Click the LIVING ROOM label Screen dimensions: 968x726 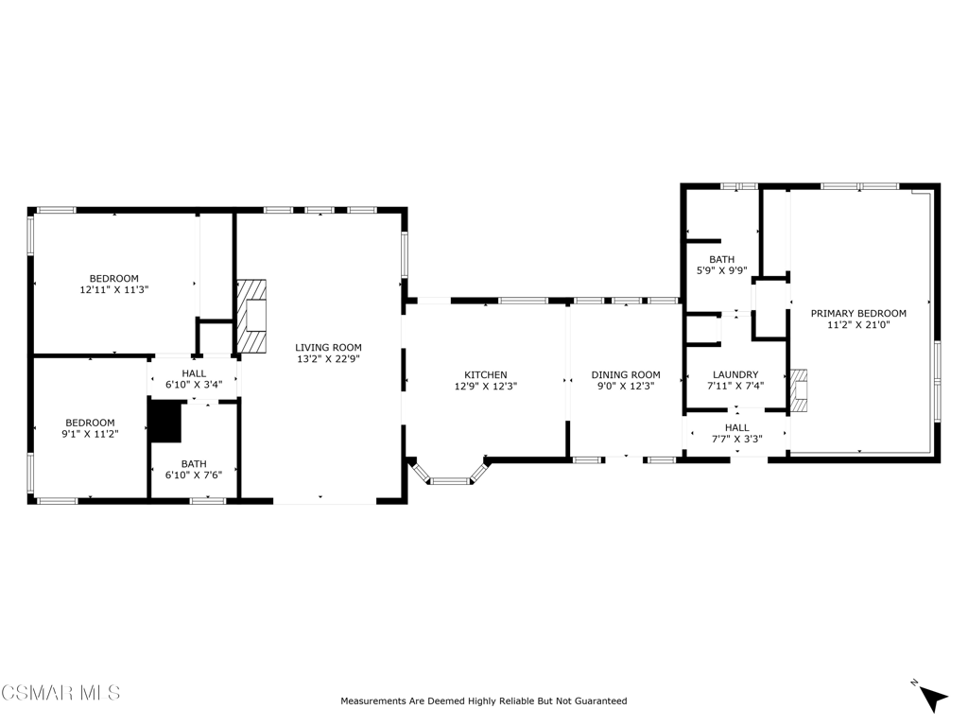(x=328, y=348)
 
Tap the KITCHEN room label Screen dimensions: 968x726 (x=486, y=374)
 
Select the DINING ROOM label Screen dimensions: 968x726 (x=626, y=374)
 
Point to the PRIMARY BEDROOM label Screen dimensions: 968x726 (x=858, y=314)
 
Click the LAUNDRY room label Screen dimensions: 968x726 (x=735, y=374)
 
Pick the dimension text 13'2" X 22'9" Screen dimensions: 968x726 (x=328, y=358)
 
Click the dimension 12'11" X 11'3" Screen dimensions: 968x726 (x=114, y=289)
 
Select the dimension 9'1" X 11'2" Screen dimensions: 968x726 (x=90, y=434)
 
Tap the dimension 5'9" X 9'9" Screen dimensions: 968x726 (x=721, y=270)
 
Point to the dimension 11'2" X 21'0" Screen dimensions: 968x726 (x=858, y=325)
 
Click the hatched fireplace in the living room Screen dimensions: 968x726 (x=251, y=316)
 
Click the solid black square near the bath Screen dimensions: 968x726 (x=166, y=422)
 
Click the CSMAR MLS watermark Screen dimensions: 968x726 (x=60, y=693)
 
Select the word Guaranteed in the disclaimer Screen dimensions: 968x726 (x=601, y=701)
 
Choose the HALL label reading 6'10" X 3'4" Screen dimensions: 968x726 (x=194, y=379)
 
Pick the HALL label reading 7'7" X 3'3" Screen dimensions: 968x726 (x=737, y=433)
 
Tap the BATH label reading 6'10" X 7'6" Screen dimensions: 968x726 (x=194, y=469)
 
